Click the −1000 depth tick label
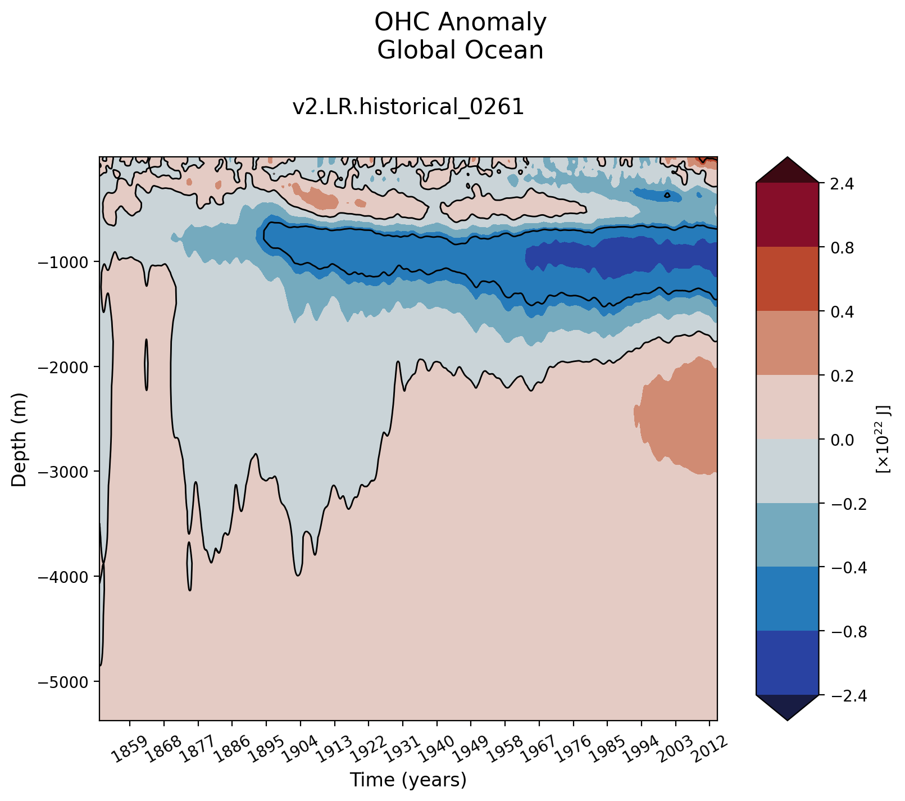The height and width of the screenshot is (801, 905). coord(66,262)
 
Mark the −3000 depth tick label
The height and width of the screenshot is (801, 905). coord(66,472)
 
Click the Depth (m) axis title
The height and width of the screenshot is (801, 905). coord(19,439)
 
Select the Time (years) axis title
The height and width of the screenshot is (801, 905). coord(408,780)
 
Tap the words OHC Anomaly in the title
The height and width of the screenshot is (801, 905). coord(460,23)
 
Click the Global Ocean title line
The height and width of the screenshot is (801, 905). coord(460,51)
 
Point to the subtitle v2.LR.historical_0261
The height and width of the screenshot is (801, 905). coord(408,107)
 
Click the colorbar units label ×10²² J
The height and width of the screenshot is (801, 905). coord(883,439)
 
